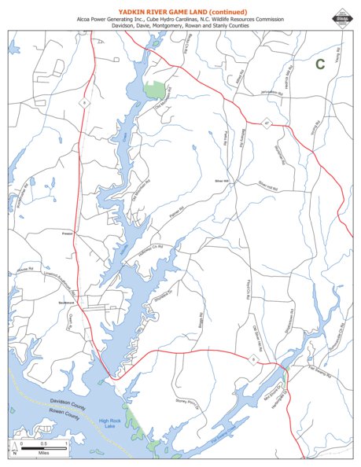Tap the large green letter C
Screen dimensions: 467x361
pyautogui.click(x=320, y=64)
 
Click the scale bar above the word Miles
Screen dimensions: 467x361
pyautogui.click(x=42, y=447)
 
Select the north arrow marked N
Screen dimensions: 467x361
pyautogui.click(x=13, y=450)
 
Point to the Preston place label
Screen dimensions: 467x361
pyautogui.click(x=67, y=233)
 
